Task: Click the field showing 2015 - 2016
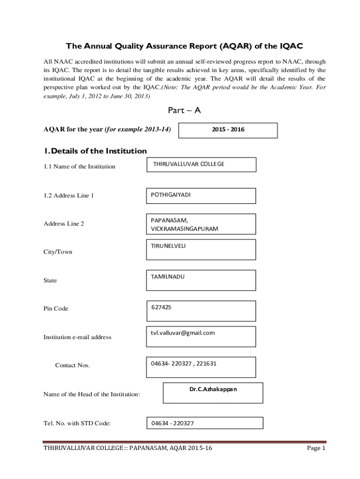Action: (228, 130)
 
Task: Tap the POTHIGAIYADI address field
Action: (202, 196)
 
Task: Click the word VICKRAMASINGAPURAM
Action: (184, 229)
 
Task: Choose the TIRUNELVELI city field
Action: (202, 249)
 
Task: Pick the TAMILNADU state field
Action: (202, 280)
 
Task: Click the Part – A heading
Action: (184, 110)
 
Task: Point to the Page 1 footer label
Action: (316, 448)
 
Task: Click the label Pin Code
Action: (56, 309)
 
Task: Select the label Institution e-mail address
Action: (77, 337)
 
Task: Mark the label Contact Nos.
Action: (72, 365)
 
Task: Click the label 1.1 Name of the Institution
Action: (79, 167)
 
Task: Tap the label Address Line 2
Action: (64, 224)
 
